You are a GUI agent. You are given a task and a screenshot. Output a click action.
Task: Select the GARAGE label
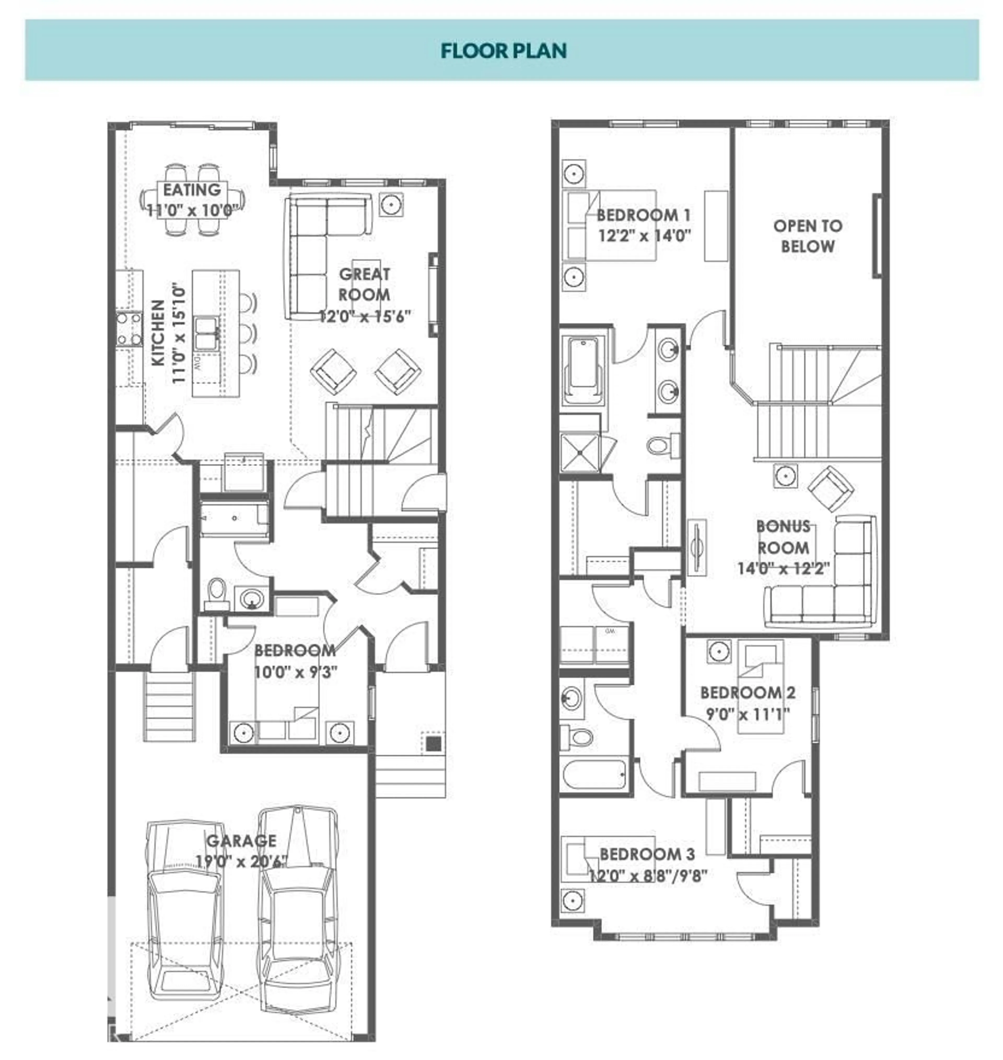pyautogui.click(x=242, y=841)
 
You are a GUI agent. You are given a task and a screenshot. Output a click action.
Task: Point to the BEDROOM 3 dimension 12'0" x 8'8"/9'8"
pyautogui.click(x=648, y=876)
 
